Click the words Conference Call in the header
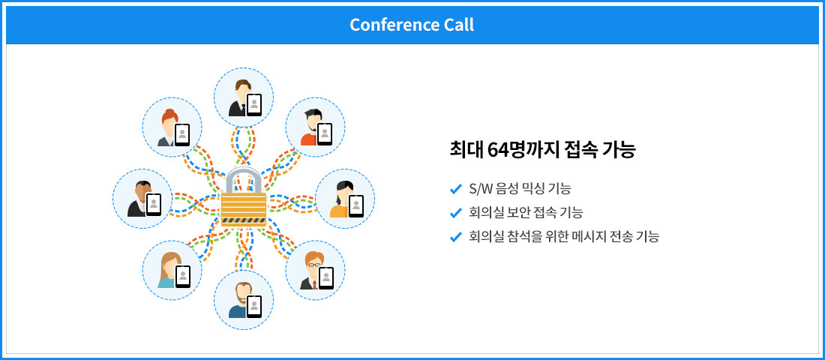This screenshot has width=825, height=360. pos(412,25)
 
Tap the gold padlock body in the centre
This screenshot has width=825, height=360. pos(244,208)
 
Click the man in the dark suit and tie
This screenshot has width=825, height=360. pos(239,98)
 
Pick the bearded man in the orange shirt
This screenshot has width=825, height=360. pos(311,127)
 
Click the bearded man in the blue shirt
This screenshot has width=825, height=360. pos(240,300)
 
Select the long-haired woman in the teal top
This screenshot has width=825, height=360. pos(169,270)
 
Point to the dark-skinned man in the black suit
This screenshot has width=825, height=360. pos(139,199)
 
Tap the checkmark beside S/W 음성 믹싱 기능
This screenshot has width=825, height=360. pos(456,188)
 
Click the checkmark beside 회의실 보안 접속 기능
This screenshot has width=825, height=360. pos(456,213)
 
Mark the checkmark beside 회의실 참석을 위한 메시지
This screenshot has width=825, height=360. pos(456,237)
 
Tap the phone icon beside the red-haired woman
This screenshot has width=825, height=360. pos(182,135)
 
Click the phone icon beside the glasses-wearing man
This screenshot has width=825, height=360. pos(326,278)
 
